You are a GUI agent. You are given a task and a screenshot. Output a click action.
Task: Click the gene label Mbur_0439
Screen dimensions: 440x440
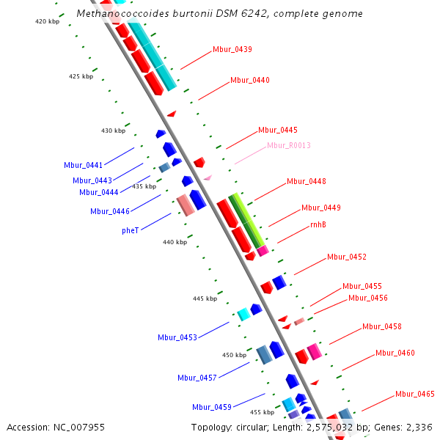pyautogui.click(x=232, y=50)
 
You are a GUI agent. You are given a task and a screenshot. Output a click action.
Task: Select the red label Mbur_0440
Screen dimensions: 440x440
pyautogui.click(x=250, y=81)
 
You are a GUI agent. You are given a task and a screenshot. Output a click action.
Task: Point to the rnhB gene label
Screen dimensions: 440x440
pyautogui.click(x=318, y=224)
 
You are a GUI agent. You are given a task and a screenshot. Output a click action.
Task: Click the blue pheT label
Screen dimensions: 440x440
pyautogui.click(x=130, y=230)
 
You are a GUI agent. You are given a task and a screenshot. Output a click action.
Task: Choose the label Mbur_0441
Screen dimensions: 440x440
pyautogui.click(x=83, y=165)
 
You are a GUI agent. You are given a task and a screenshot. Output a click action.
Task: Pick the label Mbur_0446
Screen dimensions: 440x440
pyautogui.click(x=110, y=211)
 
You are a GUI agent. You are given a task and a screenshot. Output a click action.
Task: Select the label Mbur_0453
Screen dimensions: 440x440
pyautogui.click(x=177, y=337)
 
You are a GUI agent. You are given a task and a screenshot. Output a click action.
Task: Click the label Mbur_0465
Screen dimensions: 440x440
pyautogui.click(x=415, y=394)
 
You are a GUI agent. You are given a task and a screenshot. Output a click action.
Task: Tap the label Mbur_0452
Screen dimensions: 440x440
pyautogui.click(x=347, y=257)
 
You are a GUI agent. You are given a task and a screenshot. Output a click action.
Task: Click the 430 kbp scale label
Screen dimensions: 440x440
pyautogui.click(x=113, y=131)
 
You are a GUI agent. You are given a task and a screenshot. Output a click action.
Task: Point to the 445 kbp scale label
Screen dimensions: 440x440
pyautogui.click(x=205, y=298)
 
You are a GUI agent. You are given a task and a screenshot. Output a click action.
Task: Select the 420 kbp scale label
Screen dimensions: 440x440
pyautogui.click(x=47, y=21)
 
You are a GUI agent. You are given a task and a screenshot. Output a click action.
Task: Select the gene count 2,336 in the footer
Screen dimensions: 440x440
pyautogui.click(x=418, y=427)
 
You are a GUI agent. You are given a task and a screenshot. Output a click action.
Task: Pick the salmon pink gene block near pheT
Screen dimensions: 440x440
pyautogui.click(x=185, y=205)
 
